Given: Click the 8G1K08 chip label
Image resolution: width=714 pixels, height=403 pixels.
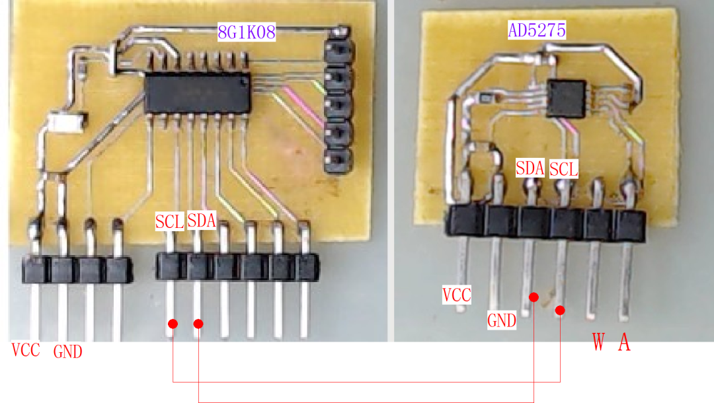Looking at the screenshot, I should click(247, 31).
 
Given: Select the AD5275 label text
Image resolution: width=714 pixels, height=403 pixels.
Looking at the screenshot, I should click(537, 30).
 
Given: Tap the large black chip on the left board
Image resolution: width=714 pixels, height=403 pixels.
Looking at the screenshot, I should click(197, 92).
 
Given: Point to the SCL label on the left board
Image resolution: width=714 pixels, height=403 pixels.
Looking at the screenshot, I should click(169, 221).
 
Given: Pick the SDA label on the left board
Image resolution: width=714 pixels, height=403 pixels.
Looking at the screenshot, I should click(202, 220).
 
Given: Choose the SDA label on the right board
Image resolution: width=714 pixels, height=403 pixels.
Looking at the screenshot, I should click(530, 168).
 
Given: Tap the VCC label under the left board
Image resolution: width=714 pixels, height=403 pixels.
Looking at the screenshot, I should click(26, 350).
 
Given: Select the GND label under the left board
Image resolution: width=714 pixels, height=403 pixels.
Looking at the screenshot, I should click(67, 351).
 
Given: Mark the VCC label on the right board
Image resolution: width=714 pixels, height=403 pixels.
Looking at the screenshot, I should click(457, 295).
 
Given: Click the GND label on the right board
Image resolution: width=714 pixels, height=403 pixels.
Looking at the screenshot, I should click(502, 321).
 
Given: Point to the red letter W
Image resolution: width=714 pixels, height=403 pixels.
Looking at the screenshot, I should click(598, 342).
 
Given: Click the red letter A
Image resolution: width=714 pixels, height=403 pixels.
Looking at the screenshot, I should click(623, 342).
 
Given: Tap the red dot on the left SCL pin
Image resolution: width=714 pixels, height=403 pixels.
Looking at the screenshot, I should click(173, 324).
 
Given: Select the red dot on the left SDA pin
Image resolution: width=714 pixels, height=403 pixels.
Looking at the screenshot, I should click(198, 324).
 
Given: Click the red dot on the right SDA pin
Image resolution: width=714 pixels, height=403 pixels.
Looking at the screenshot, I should click(534, 298).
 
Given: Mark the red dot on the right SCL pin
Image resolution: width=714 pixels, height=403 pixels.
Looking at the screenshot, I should click(560, 310).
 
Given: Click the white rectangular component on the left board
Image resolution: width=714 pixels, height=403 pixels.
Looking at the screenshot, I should click(67, 122).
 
